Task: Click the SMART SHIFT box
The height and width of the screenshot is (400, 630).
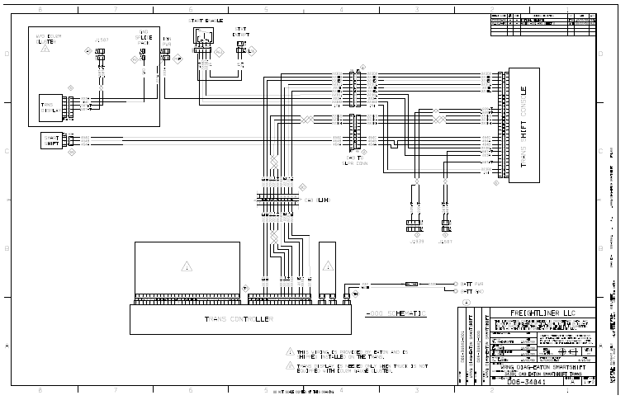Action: [x=51, y=140]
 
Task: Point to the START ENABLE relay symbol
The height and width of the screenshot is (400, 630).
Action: [x=202, y=36]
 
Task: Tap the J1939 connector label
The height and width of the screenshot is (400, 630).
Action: [x=412, y=242]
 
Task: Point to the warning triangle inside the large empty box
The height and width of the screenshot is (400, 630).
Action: [x=187, y=266]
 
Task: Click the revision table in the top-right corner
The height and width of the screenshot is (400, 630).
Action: [x=542, y=23]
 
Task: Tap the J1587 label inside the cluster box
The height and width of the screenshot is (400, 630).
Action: [x=101, y=39]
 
